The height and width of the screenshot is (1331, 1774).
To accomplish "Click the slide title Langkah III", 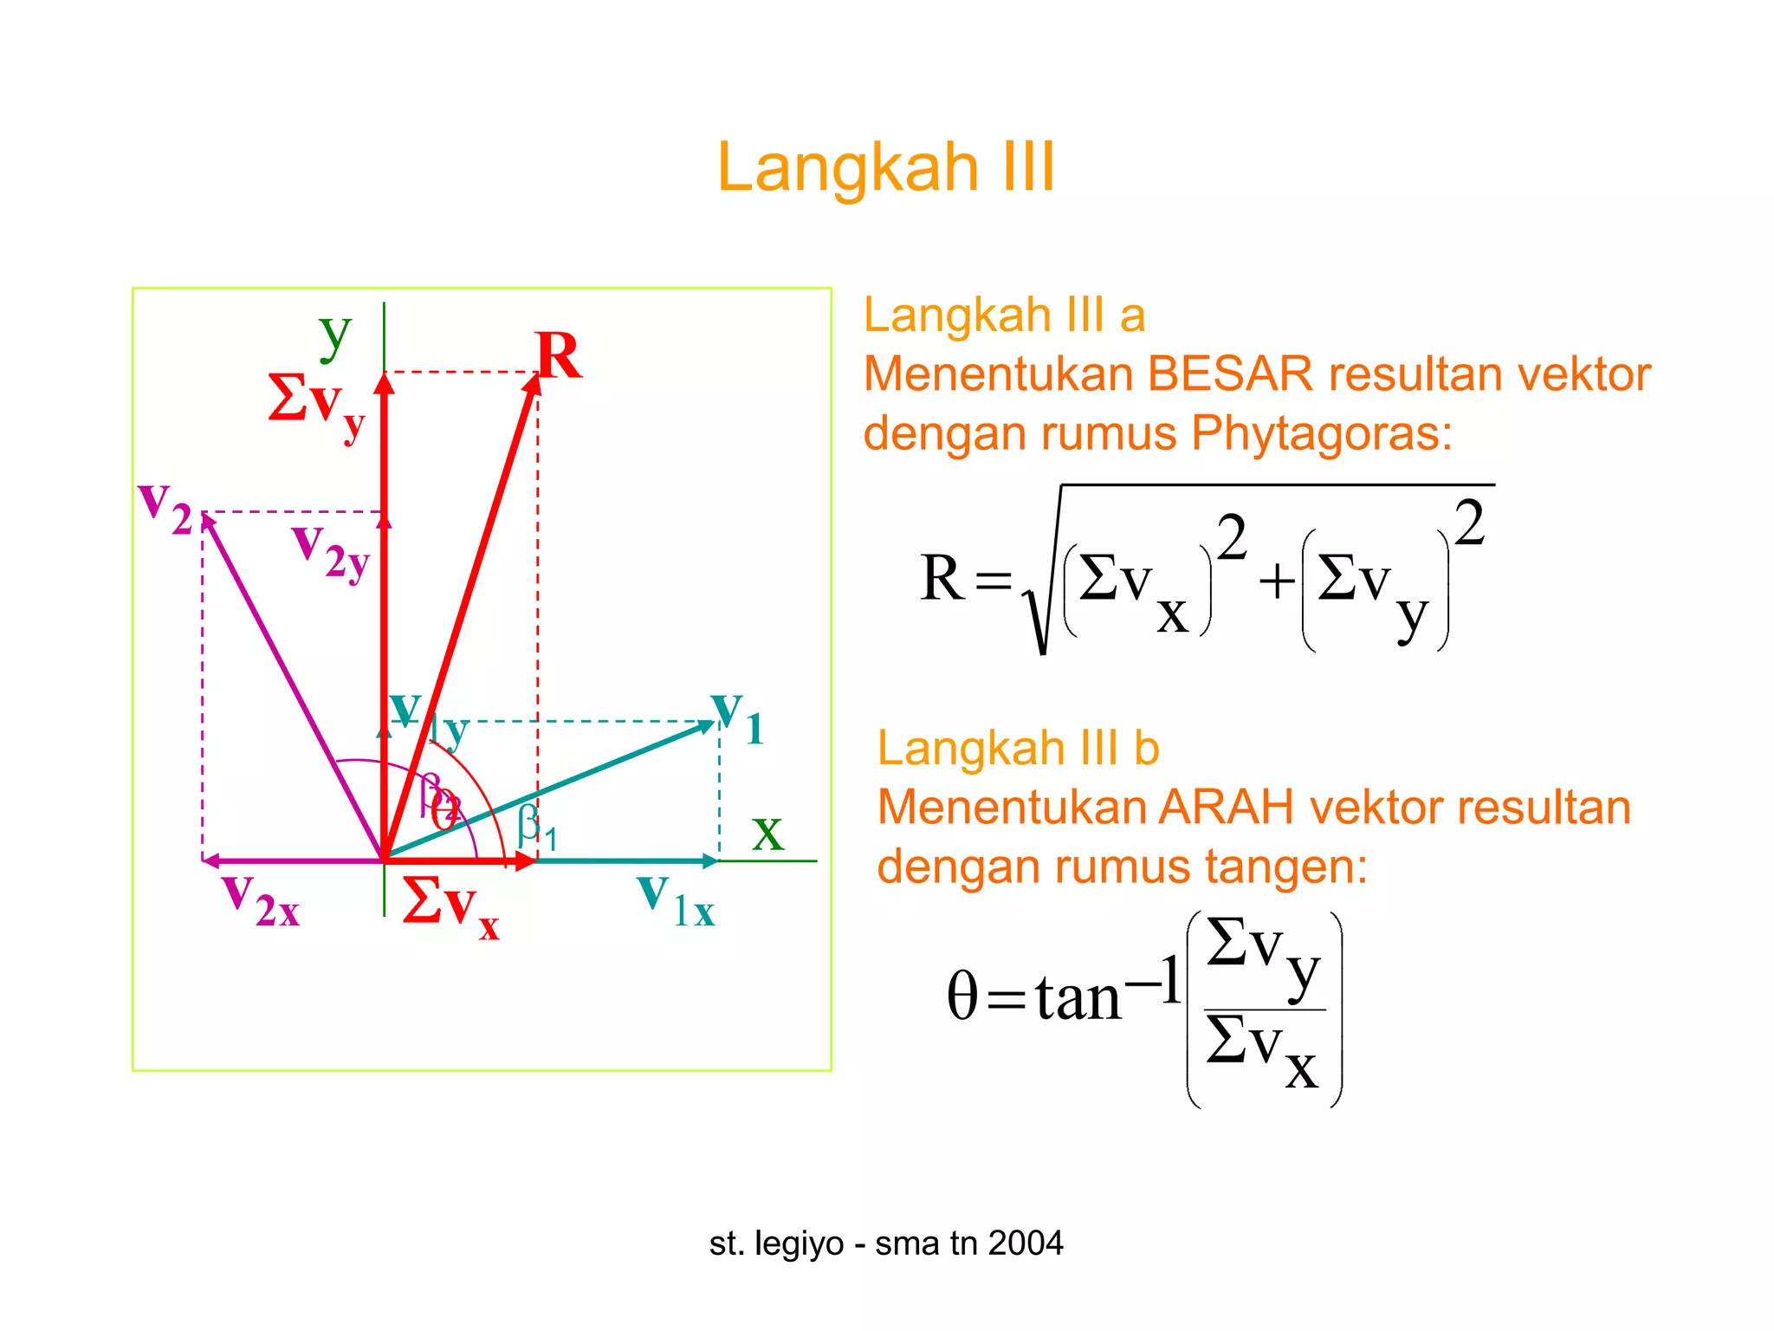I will click(x=886, y=166).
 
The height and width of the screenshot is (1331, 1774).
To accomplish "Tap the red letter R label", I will click(x=559, y=356).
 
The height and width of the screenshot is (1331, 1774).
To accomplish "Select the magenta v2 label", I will click(x=165, y=509).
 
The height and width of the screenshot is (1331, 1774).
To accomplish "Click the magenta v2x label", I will click(x=260, y=901).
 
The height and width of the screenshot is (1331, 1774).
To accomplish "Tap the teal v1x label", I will click(x=676, y=902).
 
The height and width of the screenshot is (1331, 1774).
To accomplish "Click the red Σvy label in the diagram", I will click(x=316, y=405).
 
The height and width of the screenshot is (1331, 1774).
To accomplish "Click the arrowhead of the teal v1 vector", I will click(x=707, y=726).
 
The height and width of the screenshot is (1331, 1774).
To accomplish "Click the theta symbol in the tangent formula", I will click(x=962, y=996).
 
